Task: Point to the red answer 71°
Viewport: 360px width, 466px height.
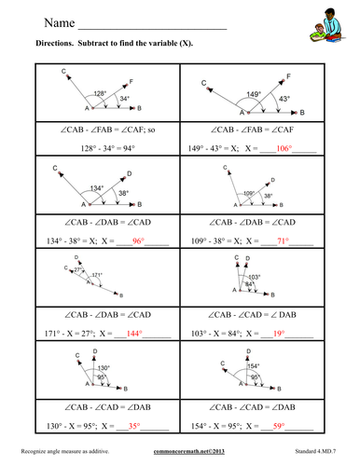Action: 280,240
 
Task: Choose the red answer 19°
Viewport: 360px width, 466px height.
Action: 279,332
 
